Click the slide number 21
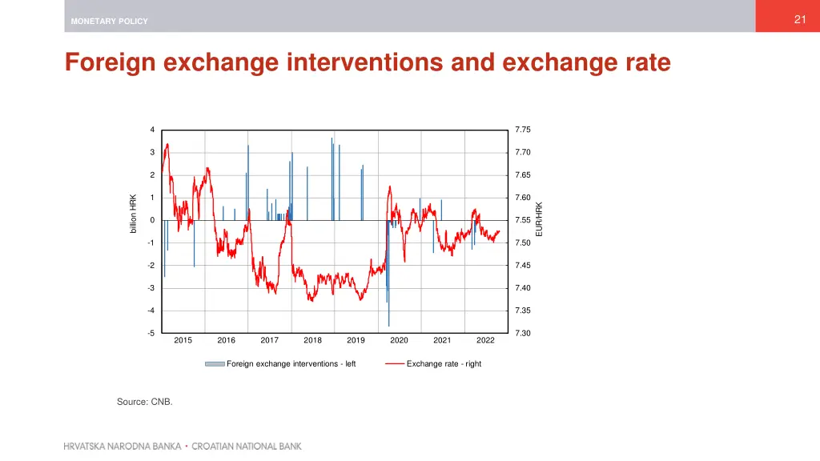(x=799, y=20)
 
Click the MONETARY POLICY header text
(x=109, y=22)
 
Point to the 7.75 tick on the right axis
(x=523, y=130)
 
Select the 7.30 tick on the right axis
(x=523, y=333)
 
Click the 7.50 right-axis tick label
(x=523, y=243)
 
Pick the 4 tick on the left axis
(x=152, y=130)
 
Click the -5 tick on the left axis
(x=151, y=333)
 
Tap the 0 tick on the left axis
(x=152, y=220)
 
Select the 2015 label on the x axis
(x=183, y=340)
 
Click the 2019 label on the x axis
(x=356, y=340)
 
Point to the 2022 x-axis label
(x=485, y=340)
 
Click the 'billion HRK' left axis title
(x=134, y=214)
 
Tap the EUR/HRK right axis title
(x=539, y=218)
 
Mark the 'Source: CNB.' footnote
(x=145, y=402)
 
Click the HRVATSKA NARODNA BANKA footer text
(x=123, y=446)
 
